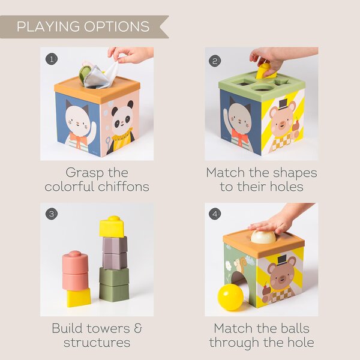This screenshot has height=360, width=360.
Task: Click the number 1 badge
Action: (52, 59)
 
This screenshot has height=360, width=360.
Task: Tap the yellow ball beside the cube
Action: (230, 297)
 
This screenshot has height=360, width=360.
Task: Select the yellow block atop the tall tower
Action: (112, 226)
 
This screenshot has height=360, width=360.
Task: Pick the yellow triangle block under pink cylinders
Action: (78, 296)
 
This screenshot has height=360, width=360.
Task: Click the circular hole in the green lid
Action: (262, 86)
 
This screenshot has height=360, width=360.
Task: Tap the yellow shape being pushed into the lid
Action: (263, 71)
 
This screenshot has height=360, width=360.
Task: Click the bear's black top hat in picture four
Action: (281, 260)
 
